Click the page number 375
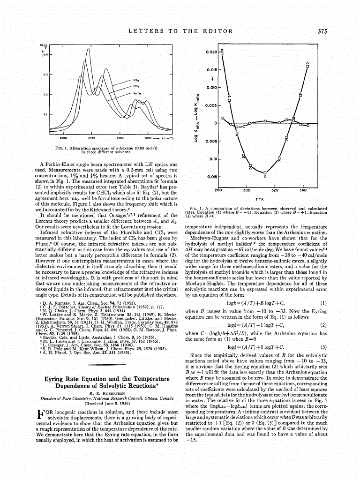[x=322, y=31]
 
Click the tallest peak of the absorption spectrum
[x=88, y=49]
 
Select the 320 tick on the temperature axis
[x=275, y=190]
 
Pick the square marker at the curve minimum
[x=265, y=172]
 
